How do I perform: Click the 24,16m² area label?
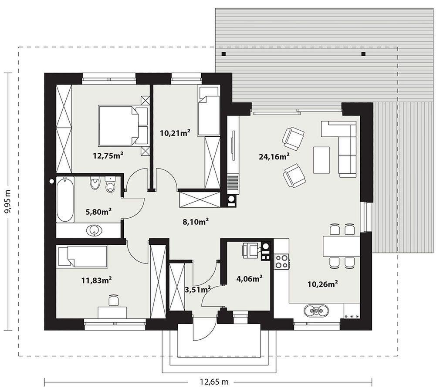274,156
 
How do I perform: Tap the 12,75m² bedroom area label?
108,155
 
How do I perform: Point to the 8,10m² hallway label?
196,222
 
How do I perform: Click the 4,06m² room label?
250,279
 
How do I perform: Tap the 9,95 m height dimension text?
8,201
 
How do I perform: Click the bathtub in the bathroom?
65,199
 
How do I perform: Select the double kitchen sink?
317,311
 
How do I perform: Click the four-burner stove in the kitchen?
281,261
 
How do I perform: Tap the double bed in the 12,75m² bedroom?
123,125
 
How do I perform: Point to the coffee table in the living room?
322,160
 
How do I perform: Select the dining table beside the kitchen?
341,246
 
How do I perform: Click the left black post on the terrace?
223,54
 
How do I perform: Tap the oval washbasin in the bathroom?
94,231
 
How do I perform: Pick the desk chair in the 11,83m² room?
113,300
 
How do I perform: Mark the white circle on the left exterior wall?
51,181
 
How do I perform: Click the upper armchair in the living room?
294,137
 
